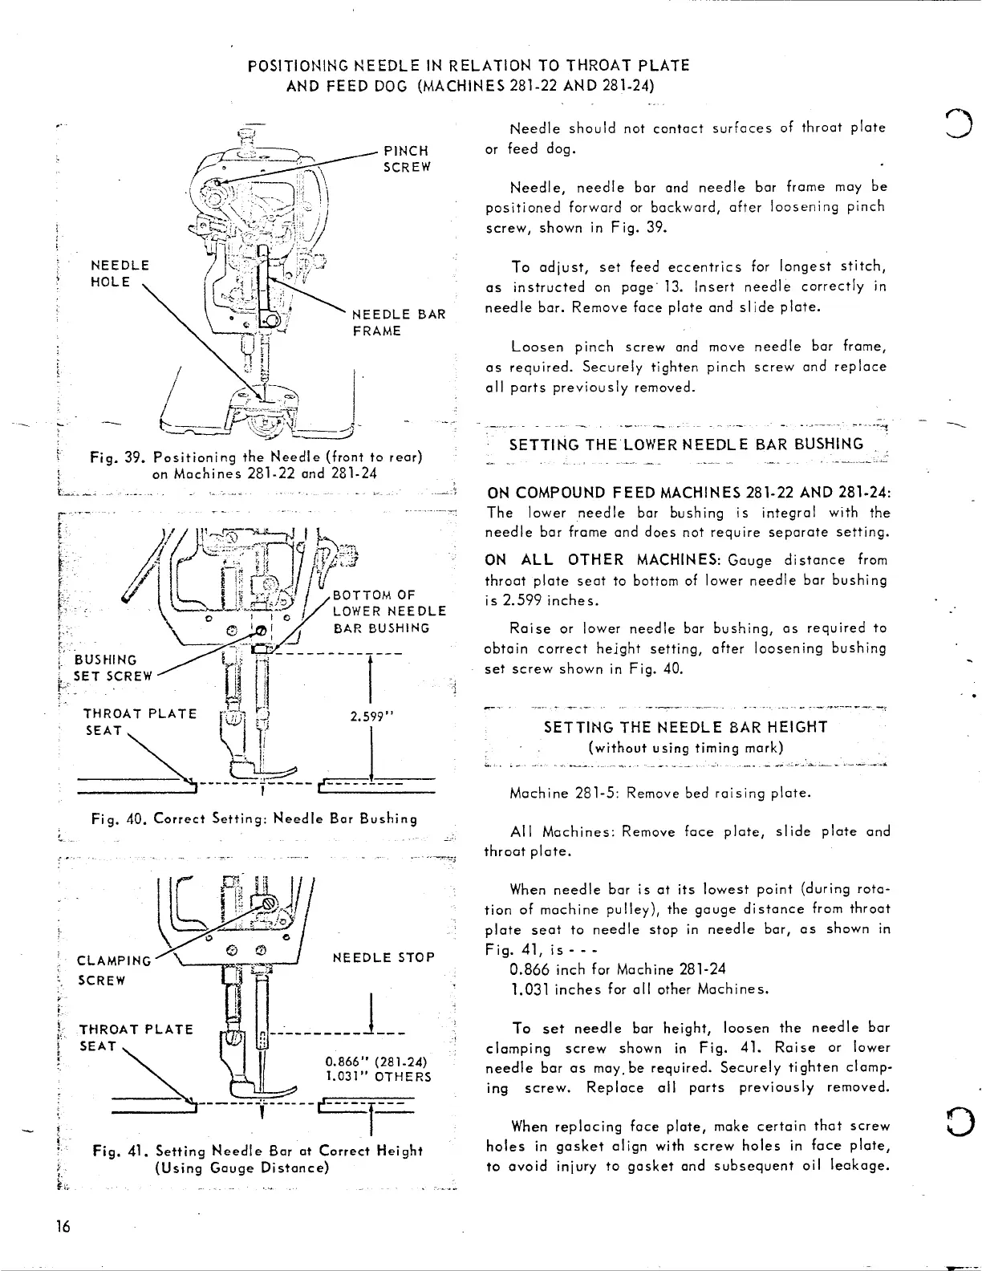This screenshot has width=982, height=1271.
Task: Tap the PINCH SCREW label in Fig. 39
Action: [408, 159]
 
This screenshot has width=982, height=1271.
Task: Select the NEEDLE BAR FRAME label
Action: [399, 323]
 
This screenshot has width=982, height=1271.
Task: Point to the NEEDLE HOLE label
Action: [120, 273]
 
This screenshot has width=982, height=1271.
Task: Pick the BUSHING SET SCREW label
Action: [112, 668]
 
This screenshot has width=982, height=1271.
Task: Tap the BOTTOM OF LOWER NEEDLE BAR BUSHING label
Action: [389, 611]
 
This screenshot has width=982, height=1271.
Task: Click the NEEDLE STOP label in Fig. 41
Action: [383, 958]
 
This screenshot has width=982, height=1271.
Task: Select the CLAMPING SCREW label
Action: [113, 970]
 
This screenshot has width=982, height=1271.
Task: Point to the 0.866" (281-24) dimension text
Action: [377, 1060]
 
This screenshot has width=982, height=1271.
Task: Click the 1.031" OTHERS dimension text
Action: [377, 1077]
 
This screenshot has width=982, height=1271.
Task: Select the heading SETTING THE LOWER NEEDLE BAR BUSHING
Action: [686, 445]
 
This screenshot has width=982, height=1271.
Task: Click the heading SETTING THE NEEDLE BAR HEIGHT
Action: [685, 727]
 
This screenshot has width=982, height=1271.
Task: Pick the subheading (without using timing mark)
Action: [685, 748]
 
